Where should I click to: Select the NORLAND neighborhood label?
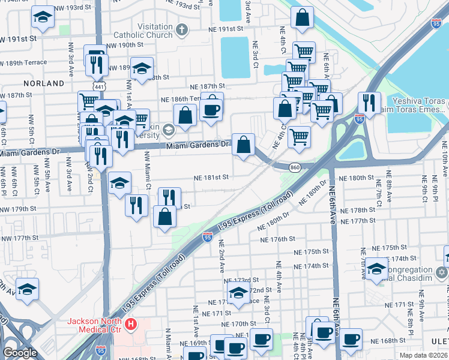44,83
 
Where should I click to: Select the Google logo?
20,353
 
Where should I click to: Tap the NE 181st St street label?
211,178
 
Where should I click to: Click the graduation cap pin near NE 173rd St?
238,294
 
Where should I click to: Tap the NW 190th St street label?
125,46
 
